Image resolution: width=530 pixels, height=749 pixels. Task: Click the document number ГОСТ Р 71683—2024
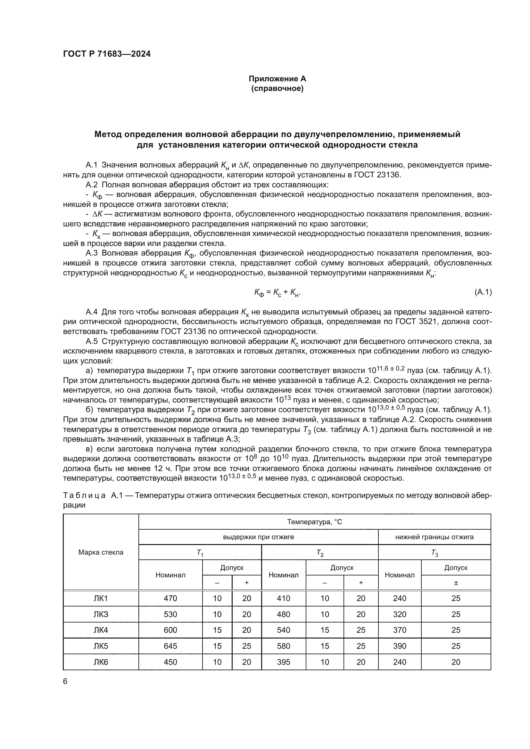click(x=107, y=54)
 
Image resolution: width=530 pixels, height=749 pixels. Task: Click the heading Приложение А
click(x=277, y=79)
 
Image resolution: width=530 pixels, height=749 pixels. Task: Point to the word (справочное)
click(x=277, y=89)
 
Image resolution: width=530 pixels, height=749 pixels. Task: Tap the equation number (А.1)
click(x=483, y=292)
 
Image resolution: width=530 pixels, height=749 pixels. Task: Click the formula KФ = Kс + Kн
click(x=277, y=293)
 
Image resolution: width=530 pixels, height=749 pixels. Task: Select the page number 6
click(x=65, y=681)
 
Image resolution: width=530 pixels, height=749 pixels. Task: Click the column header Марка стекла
click(x=101, y=552)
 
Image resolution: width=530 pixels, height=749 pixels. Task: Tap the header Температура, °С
click(x=314, y=522)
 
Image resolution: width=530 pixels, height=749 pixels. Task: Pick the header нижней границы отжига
click(x=434, y=537)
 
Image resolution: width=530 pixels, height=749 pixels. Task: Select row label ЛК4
click(x=101, y=630)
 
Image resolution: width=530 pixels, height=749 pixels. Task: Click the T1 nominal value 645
click(x=170, y=646)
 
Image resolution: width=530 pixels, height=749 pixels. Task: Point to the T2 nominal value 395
click(x=283, y=662)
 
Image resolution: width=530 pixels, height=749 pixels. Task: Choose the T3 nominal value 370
click(x=400, y=630)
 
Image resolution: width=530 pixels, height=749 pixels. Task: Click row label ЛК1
click(x=101, y=598)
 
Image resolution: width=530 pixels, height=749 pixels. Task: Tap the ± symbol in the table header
click(x=456, y=582)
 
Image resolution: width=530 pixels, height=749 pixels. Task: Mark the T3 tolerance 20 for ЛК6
click(x=456, y=662)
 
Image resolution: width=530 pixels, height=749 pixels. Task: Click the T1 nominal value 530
click(x=170, y=614)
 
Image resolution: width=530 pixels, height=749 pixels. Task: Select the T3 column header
click(x=435, y=553)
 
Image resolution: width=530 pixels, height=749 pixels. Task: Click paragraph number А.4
click(x=91, y=312)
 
